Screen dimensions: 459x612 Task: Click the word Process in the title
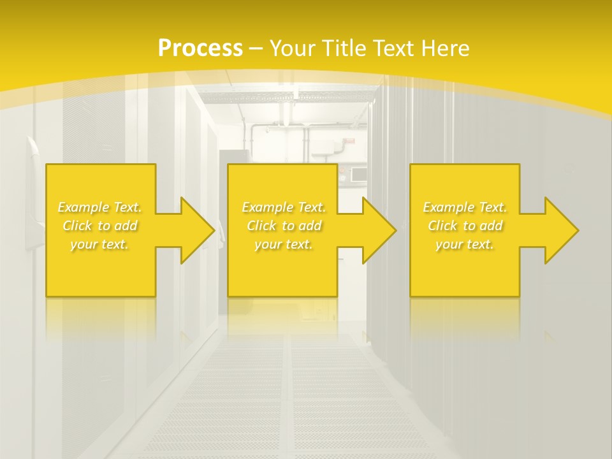[200, 48]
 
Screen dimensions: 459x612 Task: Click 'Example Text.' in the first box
[99, 207]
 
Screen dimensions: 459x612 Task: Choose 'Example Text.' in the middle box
[284, 207]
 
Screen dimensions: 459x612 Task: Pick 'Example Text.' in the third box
[465, 207]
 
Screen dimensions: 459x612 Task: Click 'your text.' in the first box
[99, 244]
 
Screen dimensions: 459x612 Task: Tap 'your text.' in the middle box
[284, 244]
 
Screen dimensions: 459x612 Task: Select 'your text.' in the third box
[465, 244]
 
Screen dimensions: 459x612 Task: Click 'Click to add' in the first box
[99, 226]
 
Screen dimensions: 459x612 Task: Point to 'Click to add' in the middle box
[284, 226]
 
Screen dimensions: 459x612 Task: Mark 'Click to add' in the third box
[465, 226]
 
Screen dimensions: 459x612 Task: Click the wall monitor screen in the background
[358, 174]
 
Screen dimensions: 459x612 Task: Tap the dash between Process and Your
[256, 48]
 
